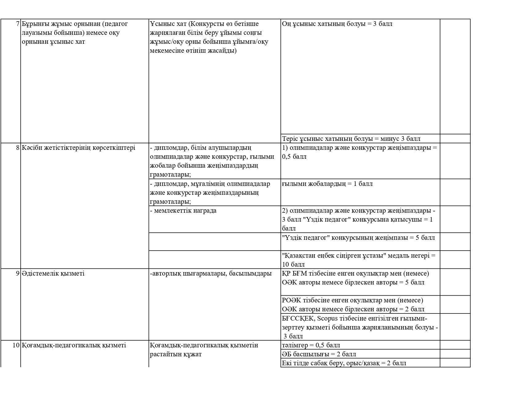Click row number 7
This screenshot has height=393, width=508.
point(18,24)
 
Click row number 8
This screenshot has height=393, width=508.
point(18,148)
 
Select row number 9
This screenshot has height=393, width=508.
point(18,273)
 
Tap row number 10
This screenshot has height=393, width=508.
point(16,345)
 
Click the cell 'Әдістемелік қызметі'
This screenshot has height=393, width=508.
point(53,273)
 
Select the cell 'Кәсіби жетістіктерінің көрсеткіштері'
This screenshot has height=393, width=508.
point(78,148)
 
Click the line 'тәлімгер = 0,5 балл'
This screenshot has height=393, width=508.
point(311,345)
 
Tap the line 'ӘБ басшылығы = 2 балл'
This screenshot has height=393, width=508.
point(319,354)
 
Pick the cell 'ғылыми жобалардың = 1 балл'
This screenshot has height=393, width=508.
point(327,184)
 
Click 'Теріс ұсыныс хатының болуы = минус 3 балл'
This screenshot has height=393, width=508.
point(351,139)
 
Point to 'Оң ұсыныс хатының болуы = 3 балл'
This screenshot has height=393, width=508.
point(337,24)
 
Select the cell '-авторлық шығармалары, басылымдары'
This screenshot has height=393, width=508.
point(211,273)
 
